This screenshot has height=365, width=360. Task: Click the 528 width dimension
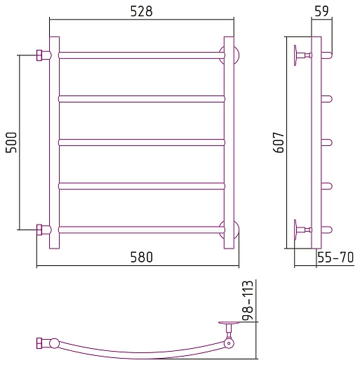pyautogui.click(x=141, y=11)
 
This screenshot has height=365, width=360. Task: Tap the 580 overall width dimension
pyautogui.click(x=141, y=257)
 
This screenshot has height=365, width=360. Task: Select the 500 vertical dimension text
pyautogui.click(x=11, y=142)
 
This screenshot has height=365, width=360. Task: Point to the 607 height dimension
pyautogui.click(x=279, y=142)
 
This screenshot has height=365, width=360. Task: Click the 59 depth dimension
pyautogui.click(x=321, y=11)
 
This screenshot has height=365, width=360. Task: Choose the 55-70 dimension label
pyautogui.click(x=335, y=258)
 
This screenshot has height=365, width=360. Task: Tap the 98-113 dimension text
pyautogui.click(x=248, y=300)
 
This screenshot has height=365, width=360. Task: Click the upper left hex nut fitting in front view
pyautogui.click(x=39, y=55)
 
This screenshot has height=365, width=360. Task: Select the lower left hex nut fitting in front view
pyautogui.click(x=39, y=230)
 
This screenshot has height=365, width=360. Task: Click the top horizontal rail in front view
pyautogui.click(x=142, y=55)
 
